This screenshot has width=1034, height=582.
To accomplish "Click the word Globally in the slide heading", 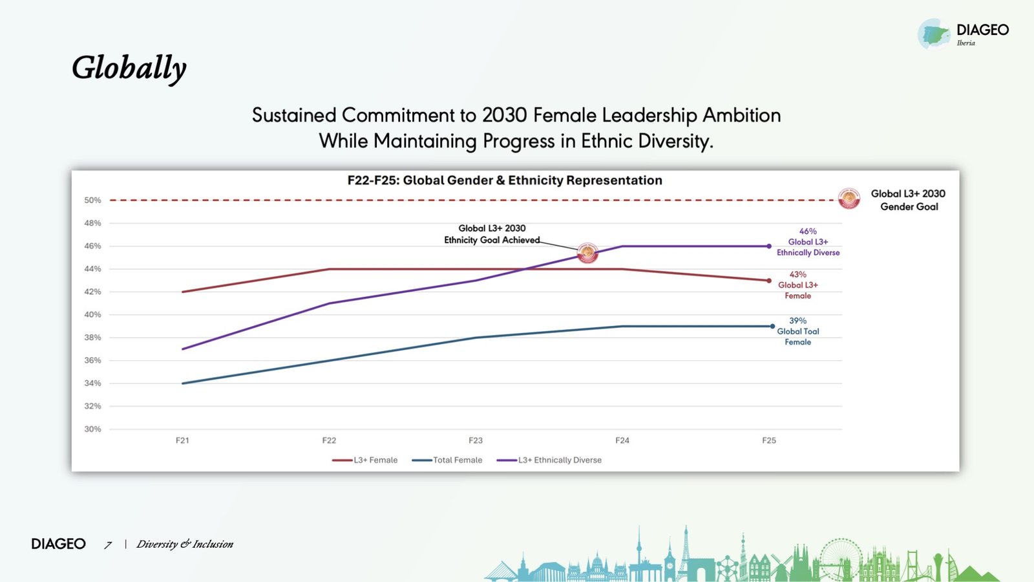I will coord(129,68).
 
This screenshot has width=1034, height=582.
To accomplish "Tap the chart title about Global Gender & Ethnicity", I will coord(505,180).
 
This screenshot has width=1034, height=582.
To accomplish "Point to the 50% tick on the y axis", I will coord(92,200).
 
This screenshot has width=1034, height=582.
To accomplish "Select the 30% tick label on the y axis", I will coord(92,429).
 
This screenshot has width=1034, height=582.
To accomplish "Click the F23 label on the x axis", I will coord(476,440).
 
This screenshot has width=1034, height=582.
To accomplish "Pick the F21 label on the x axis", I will coord(182,440).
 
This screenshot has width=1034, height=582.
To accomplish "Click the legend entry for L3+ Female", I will coord(365,460).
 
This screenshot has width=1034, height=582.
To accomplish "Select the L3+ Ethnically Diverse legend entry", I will coord(549,460).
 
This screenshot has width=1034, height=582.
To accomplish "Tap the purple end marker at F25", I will coord(769,246).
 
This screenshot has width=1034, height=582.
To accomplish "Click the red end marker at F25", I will coord(769,281).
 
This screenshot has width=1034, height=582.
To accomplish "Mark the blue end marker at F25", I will coord(772,327).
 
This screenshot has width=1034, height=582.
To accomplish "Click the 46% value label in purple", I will coord(808,232).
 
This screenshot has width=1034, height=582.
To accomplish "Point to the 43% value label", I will coord(797,275).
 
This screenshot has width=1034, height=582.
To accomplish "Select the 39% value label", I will coord(797,321).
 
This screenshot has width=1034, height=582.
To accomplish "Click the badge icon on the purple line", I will coord(587,253).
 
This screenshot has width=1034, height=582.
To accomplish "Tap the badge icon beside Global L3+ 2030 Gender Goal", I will coord(849,199).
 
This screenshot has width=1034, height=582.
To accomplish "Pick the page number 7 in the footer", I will coord(108,545).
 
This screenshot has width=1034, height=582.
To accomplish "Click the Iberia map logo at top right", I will coord(934,34).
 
